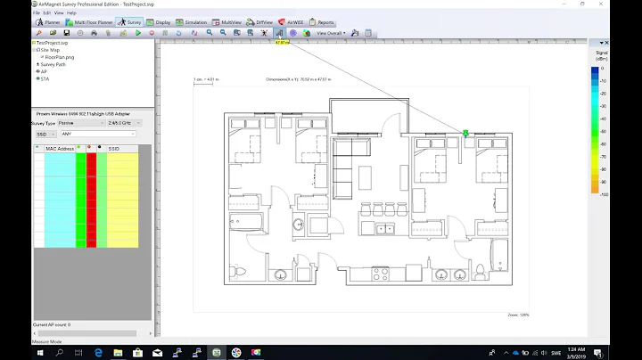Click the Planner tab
(50, 21)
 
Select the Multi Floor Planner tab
(92, 21)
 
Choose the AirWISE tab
(294, 21)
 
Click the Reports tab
(324, 21)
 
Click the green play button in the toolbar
(138, 33)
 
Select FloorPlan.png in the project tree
(59, 57)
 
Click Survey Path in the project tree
(54, 64)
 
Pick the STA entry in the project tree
(45, 78)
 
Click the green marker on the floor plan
(465, 133)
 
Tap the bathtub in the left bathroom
(243, 220)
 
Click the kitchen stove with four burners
(385, 230)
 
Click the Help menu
(71, 13)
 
